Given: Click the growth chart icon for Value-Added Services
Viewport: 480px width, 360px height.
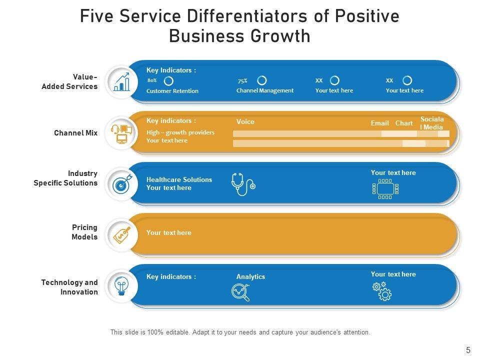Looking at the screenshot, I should click(121, 82).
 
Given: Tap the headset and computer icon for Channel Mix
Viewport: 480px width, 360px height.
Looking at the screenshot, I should click(121, 133).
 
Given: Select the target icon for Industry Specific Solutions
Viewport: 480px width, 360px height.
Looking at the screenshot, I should click(121, 184).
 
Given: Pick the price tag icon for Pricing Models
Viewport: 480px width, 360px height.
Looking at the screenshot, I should click(121, 234).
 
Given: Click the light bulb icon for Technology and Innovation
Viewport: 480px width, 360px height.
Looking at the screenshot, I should click(121, 286).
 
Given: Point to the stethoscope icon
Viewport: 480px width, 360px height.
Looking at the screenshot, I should click(243, 184).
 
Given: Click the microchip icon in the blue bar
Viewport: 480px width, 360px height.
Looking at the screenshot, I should click(385, 188).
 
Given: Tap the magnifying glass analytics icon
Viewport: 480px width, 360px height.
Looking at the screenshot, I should click(240, 292).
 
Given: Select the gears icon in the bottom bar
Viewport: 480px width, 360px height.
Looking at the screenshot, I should click(382, 291).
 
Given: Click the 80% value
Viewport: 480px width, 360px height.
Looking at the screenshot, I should click(152, 80).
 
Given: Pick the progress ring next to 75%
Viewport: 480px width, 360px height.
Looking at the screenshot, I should click(261, 80).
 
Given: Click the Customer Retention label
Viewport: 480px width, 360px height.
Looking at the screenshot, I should click(172, 91).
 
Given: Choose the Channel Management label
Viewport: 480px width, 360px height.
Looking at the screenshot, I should click(265, 90).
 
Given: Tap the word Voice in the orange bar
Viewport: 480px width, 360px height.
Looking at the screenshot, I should click(245, 122).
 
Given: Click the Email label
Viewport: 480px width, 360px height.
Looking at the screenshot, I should click(380, 123).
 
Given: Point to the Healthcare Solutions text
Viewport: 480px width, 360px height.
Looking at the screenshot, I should click(179, 179).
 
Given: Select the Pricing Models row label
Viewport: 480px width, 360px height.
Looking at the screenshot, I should click(84, 232).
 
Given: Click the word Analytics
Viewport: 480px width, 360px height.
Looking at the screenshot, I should click(250, 277).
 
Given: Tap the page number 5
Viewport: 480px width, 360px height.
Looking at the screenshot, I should click(468, 350).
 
